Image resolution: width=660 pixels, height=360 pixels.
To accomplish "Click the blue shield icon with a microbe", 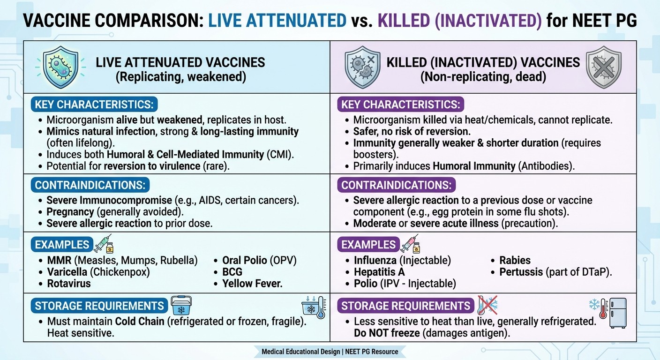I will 60,67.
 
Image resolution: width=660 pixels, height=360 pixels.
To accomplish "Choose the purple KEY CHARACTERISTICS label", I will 401,105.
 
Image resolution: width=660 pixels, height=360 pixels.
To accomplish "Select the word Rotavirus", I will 68,284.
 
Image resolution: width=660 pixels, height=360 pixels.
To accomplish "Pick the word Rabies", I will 515,261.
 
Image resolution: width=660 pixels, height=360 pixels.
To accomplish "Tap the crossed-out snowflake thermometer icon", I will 487,305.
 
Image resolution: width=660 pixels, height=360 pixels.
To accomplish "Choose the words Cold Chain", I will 139,322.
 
